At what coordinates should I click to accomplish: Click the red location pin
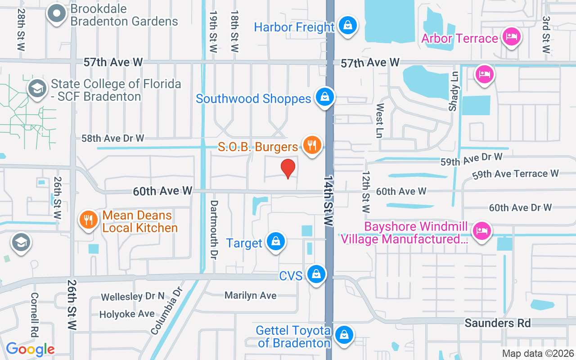point(288,168)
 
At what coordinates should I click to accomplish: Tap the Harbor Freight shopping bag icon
point(348,25)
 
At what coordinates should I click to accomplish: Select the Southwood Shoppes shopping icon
point(324,97)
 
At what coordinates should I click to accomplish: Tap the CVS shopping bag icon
point(316,274)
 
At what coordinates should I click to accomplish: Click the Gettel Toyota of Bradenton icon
point(344,335)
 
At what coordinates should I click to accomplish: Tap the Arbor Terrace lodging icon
point(511,37)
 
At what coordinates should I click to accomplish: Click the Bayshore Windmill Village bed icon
point(481,231)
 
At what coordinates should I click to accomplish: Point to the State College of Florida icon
point(37,88)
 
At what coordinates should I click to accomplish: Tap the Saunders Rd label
point(498,323)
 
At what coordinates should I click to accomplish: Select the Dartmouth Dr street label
point(213,229)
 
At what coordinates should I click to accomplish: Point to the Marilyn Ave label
point(251,295)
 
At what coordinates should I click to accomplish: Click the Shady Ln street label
point(453,90)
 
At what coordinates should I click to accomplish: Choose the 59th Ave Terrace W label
point(515,174)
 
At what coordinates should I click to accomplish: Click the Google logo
point(30,349)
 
